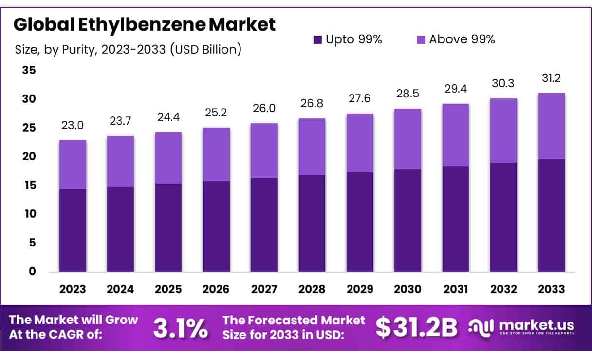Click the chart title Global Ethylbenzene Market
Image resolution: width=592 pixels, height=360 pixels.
(x=144, y=25)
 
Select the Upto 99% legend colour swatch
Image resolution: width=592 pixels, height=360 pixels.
(x=317, y=40)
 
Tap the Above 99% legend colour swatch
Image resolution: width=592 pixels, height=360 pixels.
(x=421, y=40)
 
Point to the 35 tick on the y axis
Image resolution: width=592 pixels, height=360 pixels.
(x=29, y=70)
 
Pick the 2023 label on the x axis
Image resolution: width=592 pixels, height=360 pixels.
(x=73, y=289)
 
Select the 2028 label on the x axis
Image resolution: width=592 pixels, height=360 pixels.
(x=312, y=289)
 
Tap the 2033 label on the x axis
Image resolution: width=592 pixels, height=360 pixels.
(x=552, y=289)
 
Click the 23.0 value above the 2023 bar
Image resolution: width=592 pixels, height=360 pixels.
(x=73, y=125)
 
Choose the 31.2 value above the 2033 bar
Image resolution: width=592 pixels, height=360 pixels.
(x=552, y=78)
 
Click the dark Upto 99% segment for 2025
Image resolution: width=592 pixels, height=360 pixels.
(x=168, y=227)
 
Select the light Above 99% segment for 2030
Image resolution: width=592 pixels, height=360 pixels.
(x=408, y=139)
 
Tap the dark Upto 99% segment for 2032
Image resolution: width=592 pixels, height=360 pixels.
(x=503, y=217)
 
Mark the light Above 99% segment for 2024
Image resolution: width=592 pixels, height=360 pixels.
(x=121, y=161)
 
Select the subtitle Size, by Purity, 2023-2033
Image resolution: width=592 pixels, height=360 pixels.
(x=128, y=49)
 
